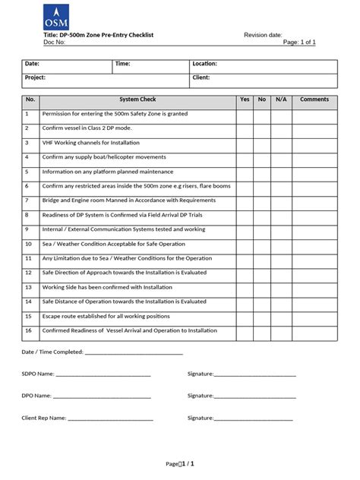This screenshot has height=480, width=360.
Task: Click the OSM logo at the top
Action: tap(55, 16)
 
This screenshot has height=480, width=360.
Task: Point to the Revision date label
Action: tap(263, 36)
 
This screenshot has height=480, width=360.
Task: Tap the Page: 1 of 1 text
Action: tap(299, 43)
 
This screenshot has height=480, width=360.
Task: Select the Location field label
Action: tap(205, 64)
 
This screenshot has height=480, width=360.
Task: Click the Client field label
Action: tap(201, 77)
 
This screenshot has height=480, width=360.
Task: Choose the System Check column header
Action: tap(137, 99)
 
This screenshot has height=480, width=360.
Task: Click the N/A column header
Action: tap(281, 99)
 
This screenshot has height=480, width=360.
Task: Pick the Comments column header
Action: tap(314, 99)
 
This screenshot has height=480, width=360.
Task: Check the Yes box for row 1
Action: tap(244, 114)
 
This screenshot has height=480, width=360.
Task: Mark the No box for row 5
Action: tap(262, 172)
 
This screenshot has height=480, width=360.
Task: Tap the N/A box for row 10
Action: tap(281, 244)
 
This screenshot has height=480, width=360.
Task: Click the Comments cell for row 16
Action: tap(314, 330)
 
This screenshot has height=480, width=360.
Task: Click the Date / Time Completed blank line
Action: tap(134, 353)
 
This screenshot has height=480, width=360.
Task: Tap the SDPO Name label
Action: tap(38, 374)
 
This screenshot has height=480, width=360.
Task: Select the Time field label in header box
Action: tap(123, 64)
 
